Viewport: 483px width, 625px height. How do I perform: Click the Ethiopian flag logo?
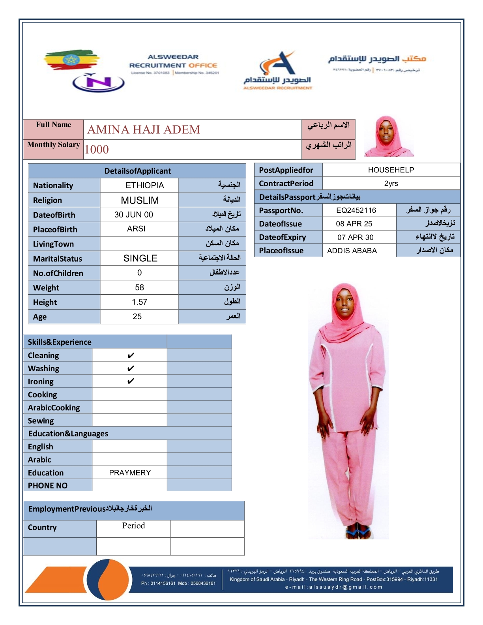tap(71, 60)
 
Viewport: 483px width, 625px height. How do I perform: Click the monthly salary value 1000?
tap(97, 150)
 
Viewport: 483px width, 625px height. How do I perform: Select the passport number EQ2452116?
tap(356, 210)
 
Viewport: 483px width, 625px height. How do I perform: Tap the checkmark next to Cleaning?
tap(131, 356)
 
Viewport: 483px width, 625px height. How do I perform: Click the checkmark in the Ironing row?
tap(131, 381)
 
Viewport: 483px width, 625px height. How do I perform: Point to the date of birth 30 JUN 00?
tap(134, 215)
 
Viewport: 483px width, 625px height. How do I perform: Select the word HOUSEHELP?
tap(391, 170)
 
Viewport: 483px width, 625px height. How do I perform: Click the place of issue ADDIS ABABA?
tap(352, 251)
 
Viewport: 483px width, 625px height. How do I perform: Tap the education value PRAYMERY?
tap(130, 473)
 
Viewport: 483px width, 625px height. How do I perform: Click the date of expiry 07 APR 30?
tap(355, 237)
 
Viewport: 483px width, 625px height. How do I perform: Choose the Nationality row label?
tap(53, 185)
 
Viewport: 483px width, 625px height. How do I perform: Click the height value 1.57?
tap(139, 302)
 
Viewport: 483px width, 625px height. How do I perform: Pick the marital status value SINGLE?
tap(140, 258)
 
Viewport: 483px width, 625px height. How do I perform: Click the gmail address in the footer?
tap(334, 587)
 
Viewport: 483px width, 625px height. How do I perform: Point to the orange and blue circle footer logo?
tap(108, 580)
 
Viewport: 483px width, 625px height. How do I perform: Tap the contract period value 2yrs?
tap(391, 183)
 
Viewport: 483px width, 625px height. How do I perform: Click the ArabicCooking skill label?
tap(54, 408)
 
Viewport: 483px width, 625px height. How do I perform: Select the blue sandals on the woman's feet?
tap(358, 533)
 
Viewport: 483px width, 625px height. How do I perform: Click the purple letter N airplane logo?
tap(99, 83)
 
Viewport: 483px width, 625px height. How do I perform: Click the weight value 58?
tap(139, 288)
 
